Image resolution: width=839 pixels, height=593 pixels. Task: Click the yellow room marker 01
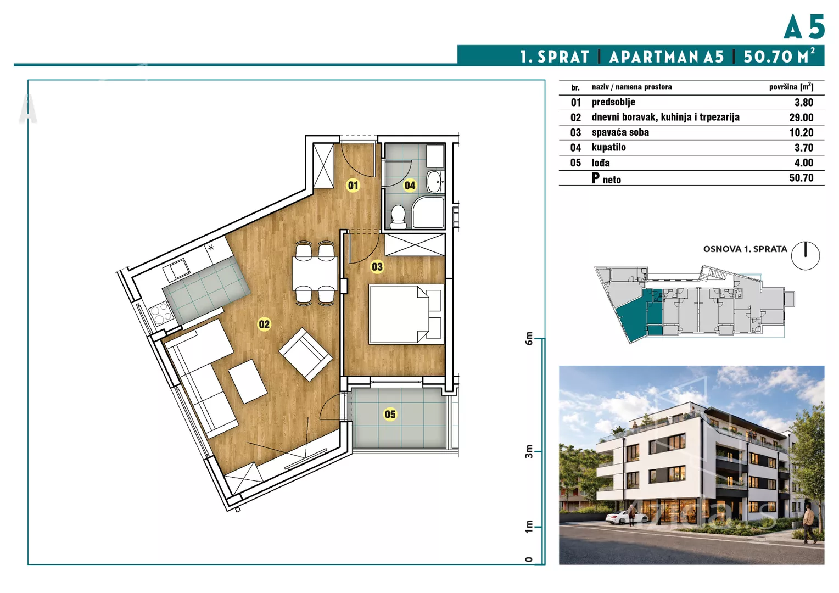click(353, 185)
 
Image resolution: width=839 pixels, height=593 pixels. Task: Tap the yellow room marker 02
click(264, 324)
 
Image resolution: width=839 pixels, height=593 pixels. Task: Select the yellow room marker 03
click(377, 267)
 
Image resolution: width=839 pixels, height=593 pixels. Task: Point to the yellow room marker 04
click(410, 185)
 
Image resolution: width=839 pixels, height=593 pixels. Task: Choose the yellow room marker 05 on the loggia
click(390, 415)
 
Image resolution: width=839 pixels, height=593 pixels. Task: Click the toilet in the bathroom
click(398, 217)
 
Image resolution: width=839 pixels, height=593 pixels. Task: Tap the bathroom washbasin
click(435, 182)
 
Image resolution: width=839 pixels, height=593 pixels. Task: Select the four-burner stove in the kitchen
click(161, 313)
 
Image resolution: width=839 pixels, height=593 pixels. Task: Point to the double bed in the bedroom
click(406, 314)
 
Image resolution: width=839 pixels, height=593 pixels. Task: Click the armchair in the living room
click(306, 354)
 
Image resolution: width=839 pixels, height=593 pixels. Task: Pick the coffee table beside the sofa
click(248, 382)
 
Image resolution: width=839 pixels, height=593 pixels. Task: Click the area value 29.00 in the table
click(801, 118)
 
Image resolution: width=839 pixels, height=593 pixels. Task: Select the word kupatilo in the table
click(608, 147)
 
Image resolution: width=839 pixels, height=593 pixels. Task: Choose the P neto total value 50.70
click(801, 178)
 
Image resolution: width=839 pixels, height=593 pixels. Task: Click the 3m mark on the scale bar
click(529, 451)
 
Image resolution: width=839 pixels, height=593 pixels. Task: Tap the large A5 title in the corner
click(804, 26)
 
